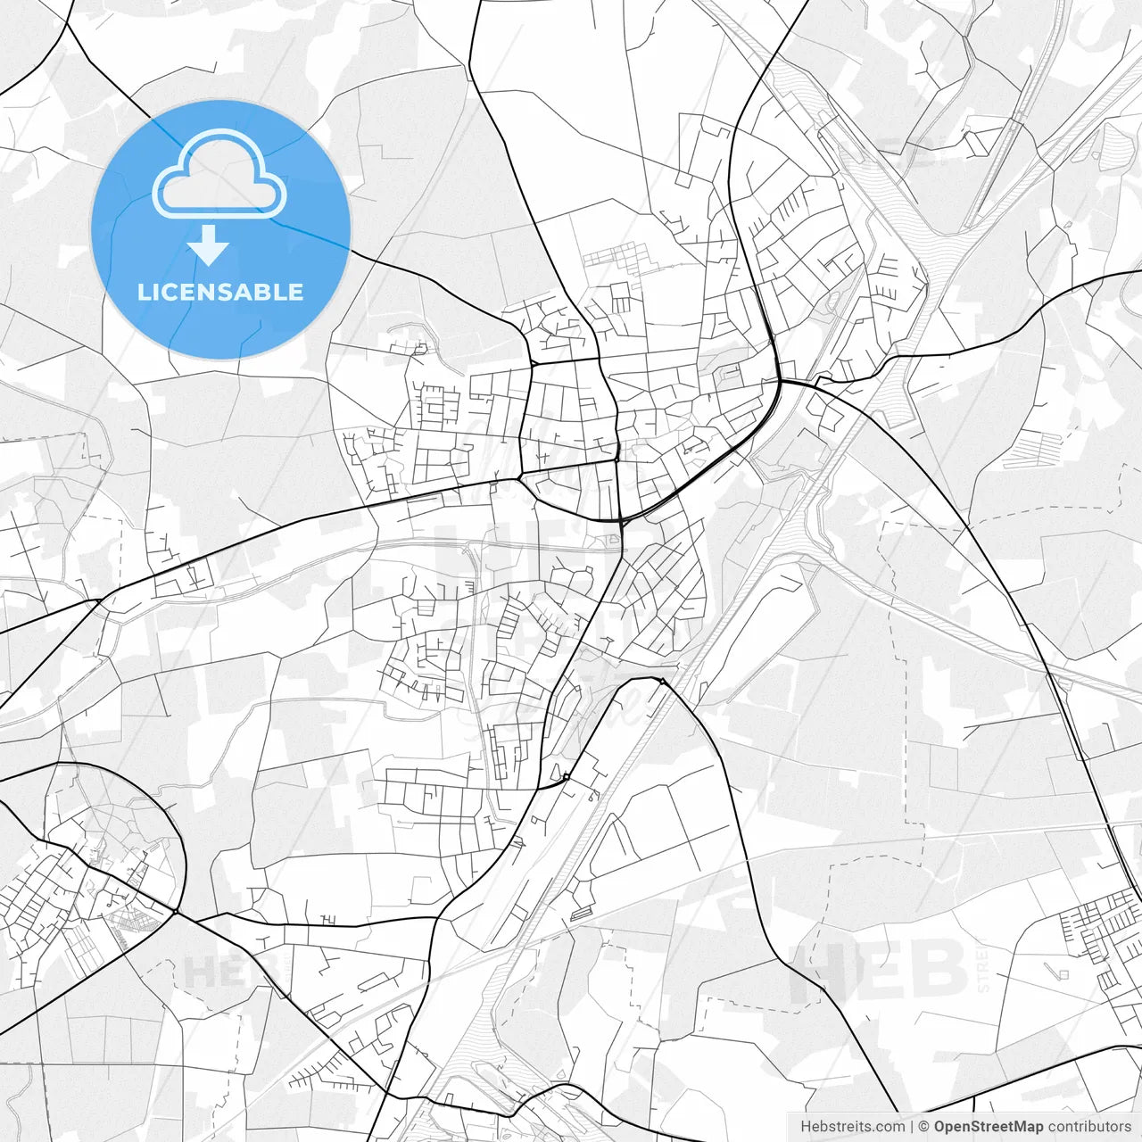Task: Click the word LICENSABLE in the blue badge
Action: pos(219,292)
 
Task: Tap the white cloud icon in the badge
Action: pos(219,174)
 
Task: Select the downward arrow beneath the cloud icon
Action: pos(209,245)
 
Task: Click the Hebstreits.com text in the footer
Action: pos(852,1127)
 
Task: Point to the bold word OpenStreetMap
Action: pos(988,1127)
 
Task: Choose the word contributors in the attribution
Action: pos(1089,1127)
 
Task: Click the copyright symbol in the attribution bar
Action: pos(924,1127)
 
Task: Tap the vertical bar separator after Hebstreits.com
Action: pos(911,1127)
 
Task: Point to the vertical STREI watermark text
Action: pos(984,971)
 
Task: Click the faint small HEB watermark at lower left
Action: pos(212,972)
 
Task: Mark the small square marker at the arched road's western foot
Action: pos(566,777)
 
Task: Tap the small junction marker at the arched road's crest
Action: pos(662,682)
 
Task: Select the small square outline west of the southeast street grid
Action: pos(1062,973)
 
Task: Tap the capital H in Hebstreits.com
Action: pos(806,1127)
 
